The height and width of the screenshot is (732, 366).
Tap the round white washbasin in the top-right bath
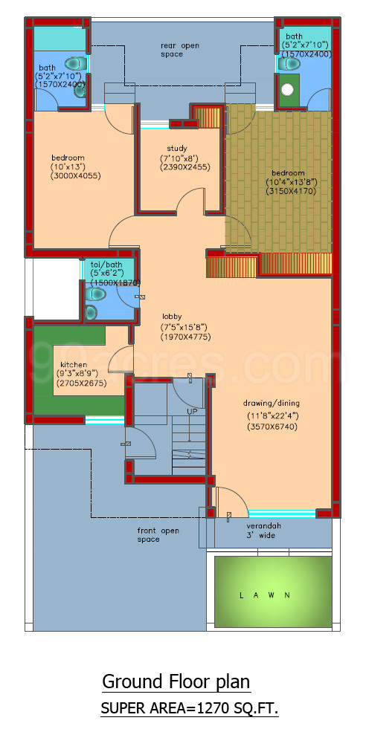pyautogui.click(x=289, y=91)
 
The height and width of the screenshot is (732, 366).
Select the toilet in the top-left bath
pyautogui.click(x=74, y=64)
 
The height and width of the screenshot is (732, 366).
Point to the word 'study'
pyautogui.click(x=177, y=148)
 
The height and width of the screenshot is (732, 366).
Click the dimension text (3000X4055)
pyautogui.click(x=75, y=175)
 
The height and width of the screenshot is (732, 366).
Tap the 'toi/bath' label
pyautogui.click(x=106, y=264)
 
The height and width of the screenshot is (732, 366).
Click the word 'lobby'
pyautogui.click(x=172, y=317)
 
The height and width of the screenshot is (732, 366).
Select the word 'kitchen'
pyautogui.click(x=74, y=365)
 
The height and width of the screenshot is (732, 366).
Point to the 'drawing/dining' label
pyautogui.click(x=272, y=404)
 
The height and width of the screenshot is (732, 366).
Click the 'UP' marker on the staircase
pyautogui.click(x=192, y=410)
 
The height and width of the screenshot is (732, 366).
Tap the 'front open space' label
pyautogui.click(x=158, y=535)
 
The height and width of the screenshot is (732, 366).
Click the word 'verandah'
pyautogui.click(x=263, y=524)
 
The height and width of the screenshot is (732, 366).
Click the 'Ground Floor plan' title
pyautogui.click(x=176, y=681)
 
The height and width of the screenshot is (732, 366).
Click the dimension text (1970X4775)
pyautogui.click(x=184, y=337)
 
